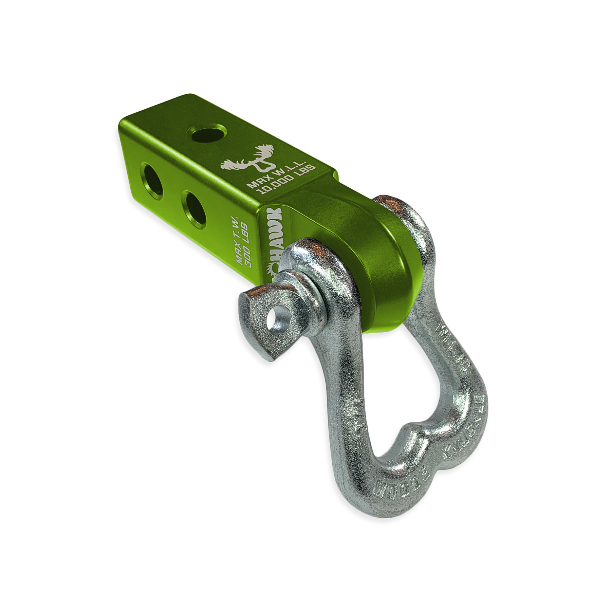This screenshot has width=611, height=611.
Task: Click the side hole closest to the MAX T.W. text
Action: click(x=195, y=208)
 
